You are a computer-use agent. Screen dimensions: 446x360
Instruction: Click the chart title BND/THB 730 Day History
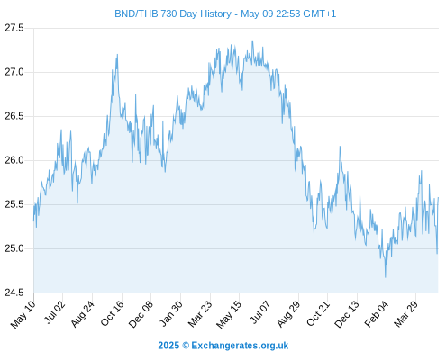[x=173, y=14]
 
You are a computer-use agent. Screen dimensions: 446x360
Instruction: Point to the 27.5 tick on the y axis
[x=14, y=28]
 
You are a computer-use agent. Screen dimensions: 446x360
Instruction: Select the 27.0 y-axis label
[x=14, y=72]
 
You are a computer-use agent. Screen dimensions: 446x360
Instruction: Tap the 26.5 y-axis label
[x=14, y=116]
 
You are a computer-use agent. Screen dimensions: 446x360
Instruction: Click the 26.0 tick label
[x=14, y=160]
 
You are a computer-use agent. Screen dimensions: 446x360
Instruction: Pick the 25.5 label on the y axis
[x=14, y=204]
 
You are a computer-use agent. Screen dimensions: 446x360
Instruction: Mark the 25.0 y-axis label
[x=14, y=248]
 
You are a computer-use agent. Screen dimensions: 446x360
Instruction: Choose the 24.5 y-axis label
[x=14, y=292]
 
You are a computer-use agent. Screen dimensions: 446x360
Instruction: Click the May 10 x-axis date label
[x=23, y=314]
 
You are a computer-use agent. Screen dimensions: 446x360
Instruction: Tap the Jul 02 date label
[x=54, y=312]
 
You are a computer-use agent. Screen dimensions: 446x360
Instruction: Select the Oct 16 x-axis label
[x=112, y=313]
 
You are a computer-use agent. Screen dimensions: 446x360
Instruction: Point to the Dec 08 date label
[x=141, y=314]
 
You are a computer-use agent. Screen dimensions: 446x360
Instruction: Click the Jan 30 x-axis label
[x=170, y=313]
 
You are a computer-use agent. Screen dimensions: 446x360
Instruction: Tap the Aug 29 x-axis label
[x=288, y=314]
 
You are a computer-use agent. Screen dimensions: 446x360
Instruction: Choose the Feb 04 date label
[x=377, y=313]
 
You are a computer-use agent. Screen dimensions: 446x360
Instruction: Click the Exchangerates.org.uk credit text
[x=240, y=346]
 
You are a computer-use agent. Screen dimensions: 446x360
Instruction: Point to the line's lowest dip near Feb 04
[x=386, y=276]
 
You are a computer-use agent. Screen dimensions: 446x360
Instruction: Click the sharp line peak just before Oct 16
[x=117, y=55]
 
